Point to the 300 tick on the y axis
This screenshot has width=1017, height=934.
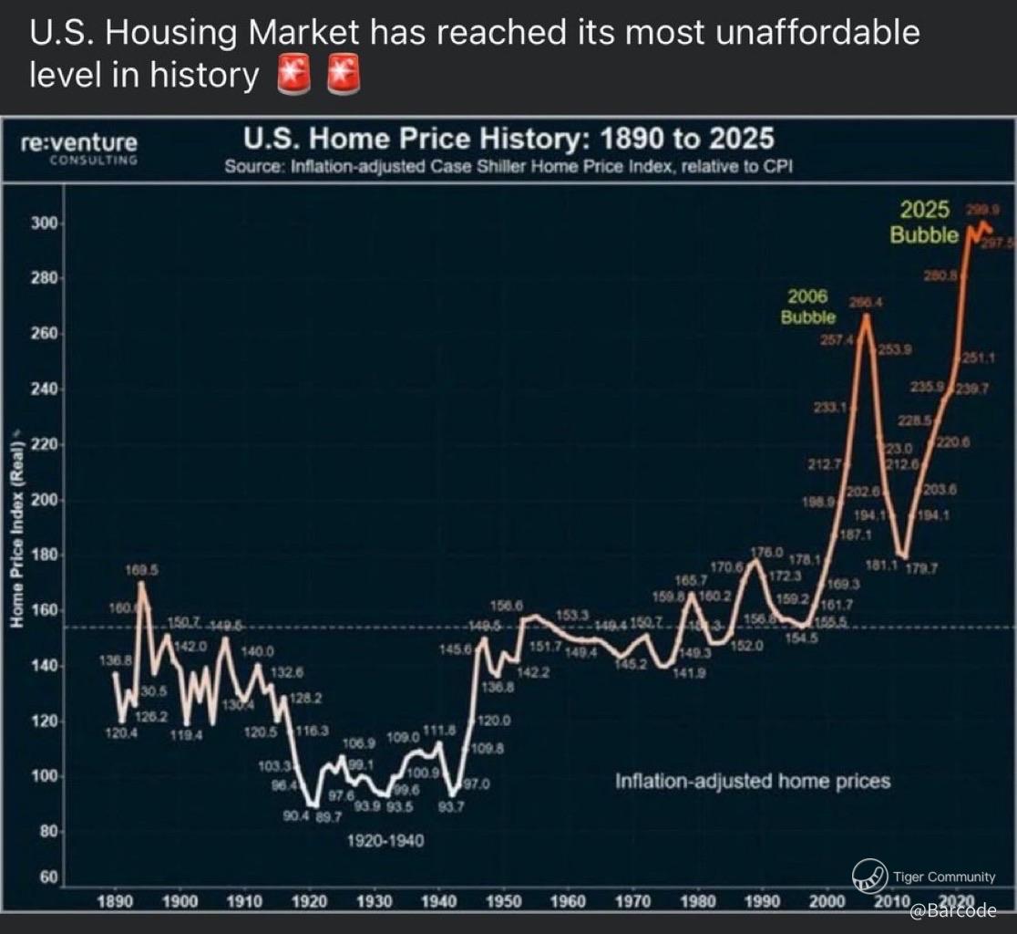coord(45,224)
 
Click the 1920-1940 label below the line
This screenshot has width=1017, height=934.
coord(385,840)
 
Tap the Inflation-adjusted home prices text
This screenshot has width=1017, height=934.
coord(752,782)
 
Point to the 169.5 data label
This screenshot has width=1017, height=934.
coord(142,569)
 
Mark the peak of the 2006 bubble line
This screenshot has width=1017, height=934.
coord(865,316)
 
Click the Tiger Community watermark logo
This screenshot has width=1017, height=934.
coord(869,877)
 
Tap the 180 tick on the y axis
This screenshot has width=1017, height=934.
coord(45,555)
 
